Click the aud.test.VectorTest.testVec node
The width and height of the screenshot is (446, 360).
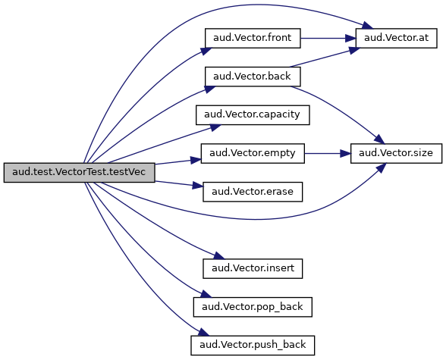coord(80,173)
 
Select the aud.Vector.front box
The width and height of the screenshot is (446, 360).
coord(253,38)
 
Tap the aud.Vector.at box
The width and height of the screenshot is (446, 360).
coord(396,38)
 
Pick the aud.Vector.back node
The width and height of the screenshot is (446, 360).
coord(253,77)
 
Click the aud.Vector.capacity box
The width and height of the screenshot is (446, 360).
coord(253,114)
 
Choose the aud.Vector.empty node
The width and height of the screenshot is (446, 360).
coord(253,153)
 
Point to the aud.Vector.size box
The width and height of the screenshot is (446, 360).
coord(396,153)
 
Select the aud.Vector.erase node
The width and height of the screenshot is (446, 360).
coord(253,192)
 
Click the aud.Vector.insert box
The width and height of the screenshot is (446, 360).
coord(253,268)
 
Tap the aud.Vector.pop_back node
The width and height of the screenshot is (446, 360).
coord(253,307)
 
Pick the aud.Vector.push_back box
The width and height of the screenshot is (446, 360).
coord(253,346)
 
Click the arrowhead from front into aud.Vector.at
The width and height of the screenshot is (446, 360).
coord(350,38)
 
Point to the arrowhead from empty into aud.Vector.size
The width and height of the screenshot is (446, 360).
coord(345,153)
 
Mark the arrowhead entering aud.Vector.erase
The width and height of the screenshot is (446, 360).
coord(198,186)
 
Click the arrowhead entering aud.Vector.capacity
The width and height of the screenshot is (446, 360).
coord(215,127)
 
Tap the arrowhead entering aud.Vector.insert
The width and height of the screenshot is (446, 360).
coord(219,255)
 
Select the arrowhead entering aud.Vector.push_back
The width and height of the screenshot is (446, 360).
coord(203,332)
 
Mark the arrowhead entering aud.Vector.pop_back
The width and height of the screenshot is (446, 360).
coord(206,294)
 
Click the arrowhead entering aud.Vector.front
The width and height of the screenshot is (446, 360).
coord(206,51)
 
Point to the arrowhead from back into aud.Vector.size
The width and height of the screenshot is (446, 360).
coord(379,139)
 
